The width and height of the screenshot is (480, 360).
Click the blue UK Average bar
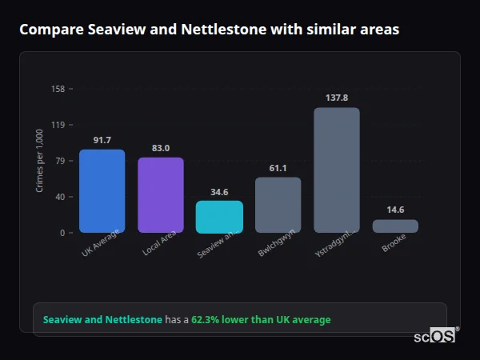[x=102, y=191]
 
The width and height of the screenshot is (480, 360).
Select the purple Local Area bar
[x=160, y=195]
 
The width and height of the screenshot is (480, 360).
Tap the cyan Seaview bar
[x=219, y=217]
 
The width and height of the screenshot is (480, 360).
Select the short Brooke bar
[x=395, y=226]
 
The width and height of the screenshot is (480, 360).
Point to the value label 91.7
[x=102, y=140]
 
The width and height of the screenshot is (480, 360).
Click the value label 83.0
[x=160, y=148]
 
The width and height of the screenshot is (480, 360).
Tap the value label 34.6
[x=219, y=192]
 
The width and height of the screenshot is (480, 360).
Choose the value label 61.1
[x=278, y=168]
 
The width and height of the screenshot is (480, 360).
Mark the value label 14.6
[x=395, y=210]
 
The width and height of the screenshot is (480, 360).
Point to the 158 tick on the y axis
[x=58, y=89]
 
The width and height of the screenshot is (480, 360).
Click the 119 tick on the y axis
[x=58, y=125]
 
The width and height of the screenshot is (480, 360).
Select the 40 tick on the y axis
[x=59, y=197]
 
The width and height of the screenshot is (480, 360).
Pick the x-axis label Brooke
[x=394, y=242]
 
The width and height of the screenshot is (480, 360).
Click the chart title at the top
[x=209, y=30]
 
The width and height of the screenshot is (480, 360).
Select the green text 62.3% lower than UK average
[x=260, y=319]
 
